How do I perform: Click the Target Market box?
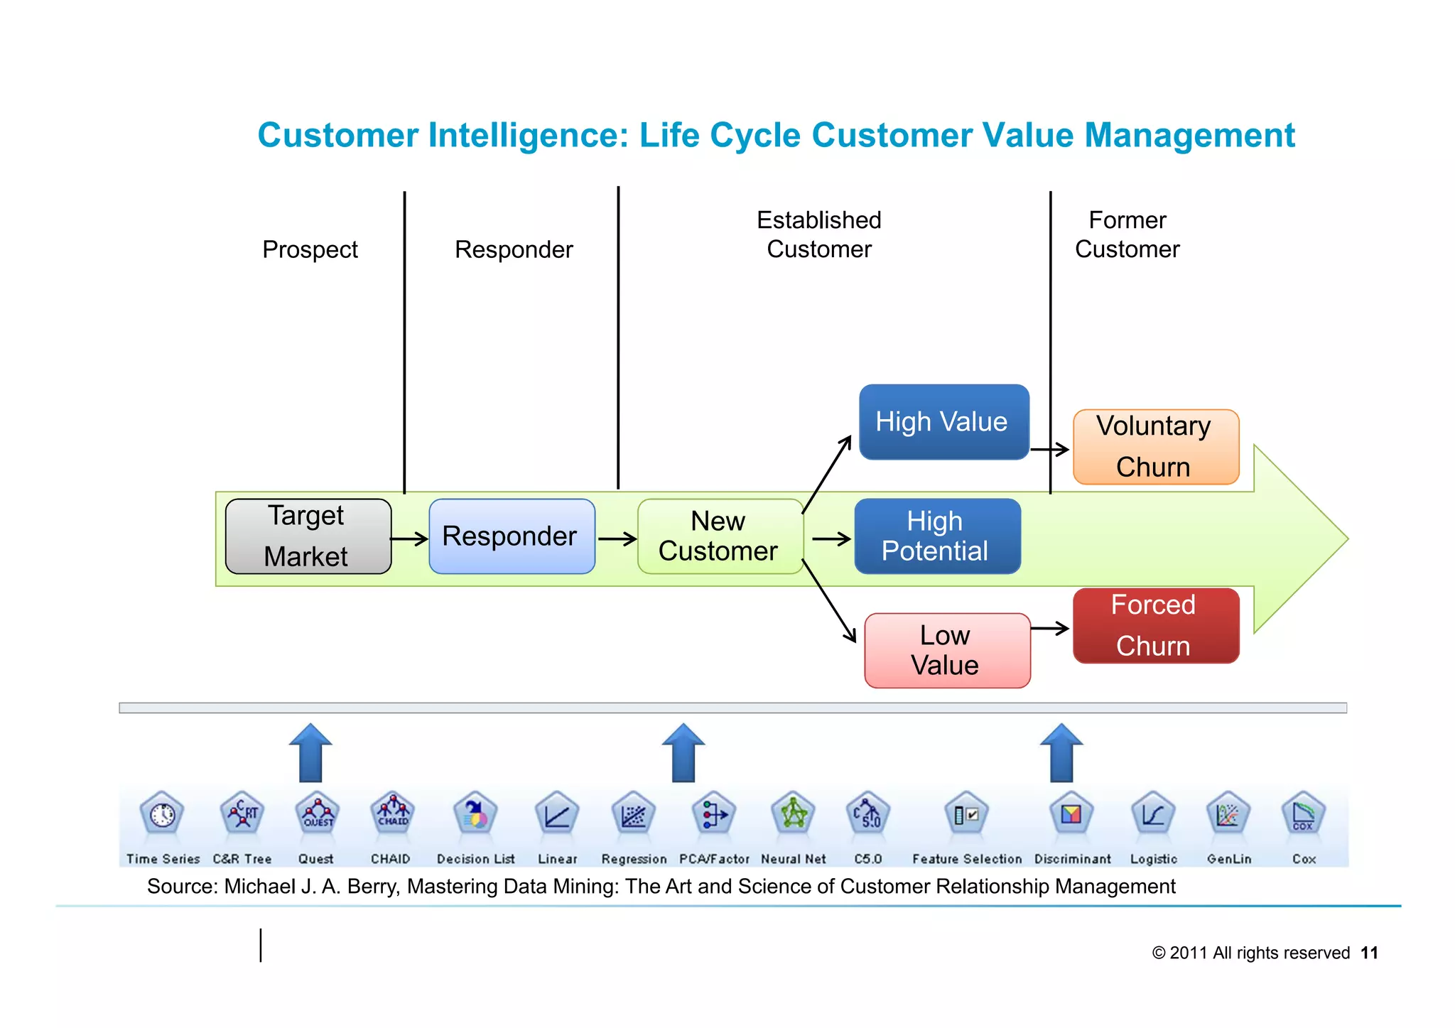(x=308, y=536)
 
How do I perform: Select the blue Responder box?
(x=512, y=536)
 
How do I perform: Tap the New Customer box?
(x=720, y=536)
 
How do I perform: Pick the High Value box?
(x=943, y=422)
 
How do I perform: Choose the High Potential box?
(x=937, y=536)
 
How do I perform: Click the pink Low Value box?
(x=947, y=651)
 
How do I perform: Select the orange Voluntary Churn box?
(x=1155, y=447)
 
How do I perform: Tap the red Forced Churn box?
(x=1155, y=626)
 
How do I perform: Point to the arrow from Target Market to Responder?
(x=409, y=539)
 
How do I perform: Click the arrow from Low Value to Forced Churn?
(x=1049, y=628)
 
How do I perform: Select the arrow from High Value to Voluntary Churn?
(x=1049, y=449)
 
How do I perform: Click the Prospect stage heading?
(x=310, y=249)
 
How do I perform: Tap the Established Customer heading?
(x=818, y=234)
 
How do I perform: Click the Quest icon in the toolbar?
(x=317, y=814)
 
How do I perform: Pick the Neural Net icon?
(x=793, y=814)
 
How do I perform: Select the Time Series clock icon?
(x=163, y=814)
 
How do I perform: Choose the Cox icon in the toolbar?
(x=1303, y=814)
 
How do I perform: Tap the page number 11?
(x=1369, y=953)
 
